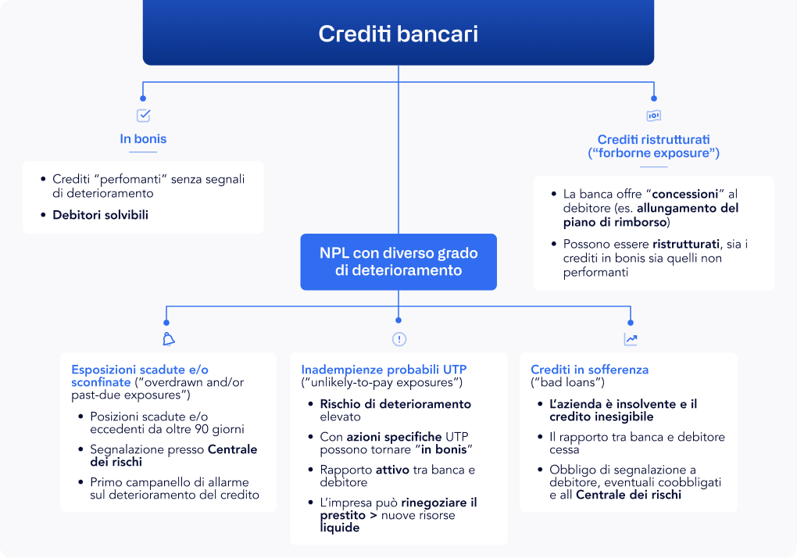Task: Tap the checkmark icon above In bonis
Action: click(143, 116)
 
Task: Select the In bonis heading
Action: click(143, 139)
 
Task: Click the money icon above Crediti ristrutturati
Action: click(653, 116)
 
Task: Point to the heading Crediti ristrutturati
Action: click(653, 146)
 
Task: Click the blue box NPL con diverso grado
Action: click(398, 262)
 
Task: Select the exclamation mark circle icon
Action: click(399, 339)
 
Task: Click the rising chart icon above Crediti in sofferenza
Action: click(631, 339)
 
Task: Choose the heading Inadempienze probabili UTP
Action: click(384, 369)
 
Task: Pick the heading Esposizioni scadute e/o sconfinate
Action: click(140, 376)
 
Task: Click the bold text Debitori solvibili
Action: click(100, 215)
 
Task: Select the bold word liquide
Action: click(340, 528)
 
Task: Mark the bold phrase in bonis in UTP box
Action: click(447, 449)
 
